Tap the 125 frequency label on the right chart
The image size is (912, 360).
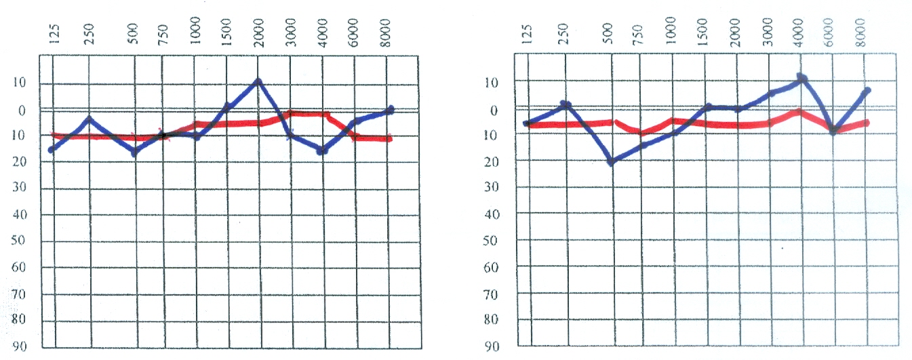click(528, 33)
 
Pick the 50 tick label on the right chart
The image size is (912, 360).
click(492, 241)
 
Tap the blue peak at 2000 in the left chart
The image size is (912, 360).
click(258, 82)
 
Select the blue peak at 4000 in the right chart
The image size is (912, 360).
click(801, 78)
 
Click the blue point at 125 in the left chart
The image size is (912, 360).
click(52, 149)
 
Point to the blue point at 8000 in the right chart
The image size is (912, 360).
click(867, 90)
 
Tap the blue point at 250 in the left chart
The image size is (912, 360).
click(88, 119)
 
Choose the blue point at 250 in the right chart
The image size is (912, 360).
click(565, 105)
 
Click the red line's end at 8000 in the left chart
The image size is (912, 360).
click(389, 139)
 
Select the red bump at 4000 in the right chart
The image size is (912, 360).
click(799, 111)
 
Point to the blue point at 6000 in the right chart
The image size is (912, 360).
click(833, 130)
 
